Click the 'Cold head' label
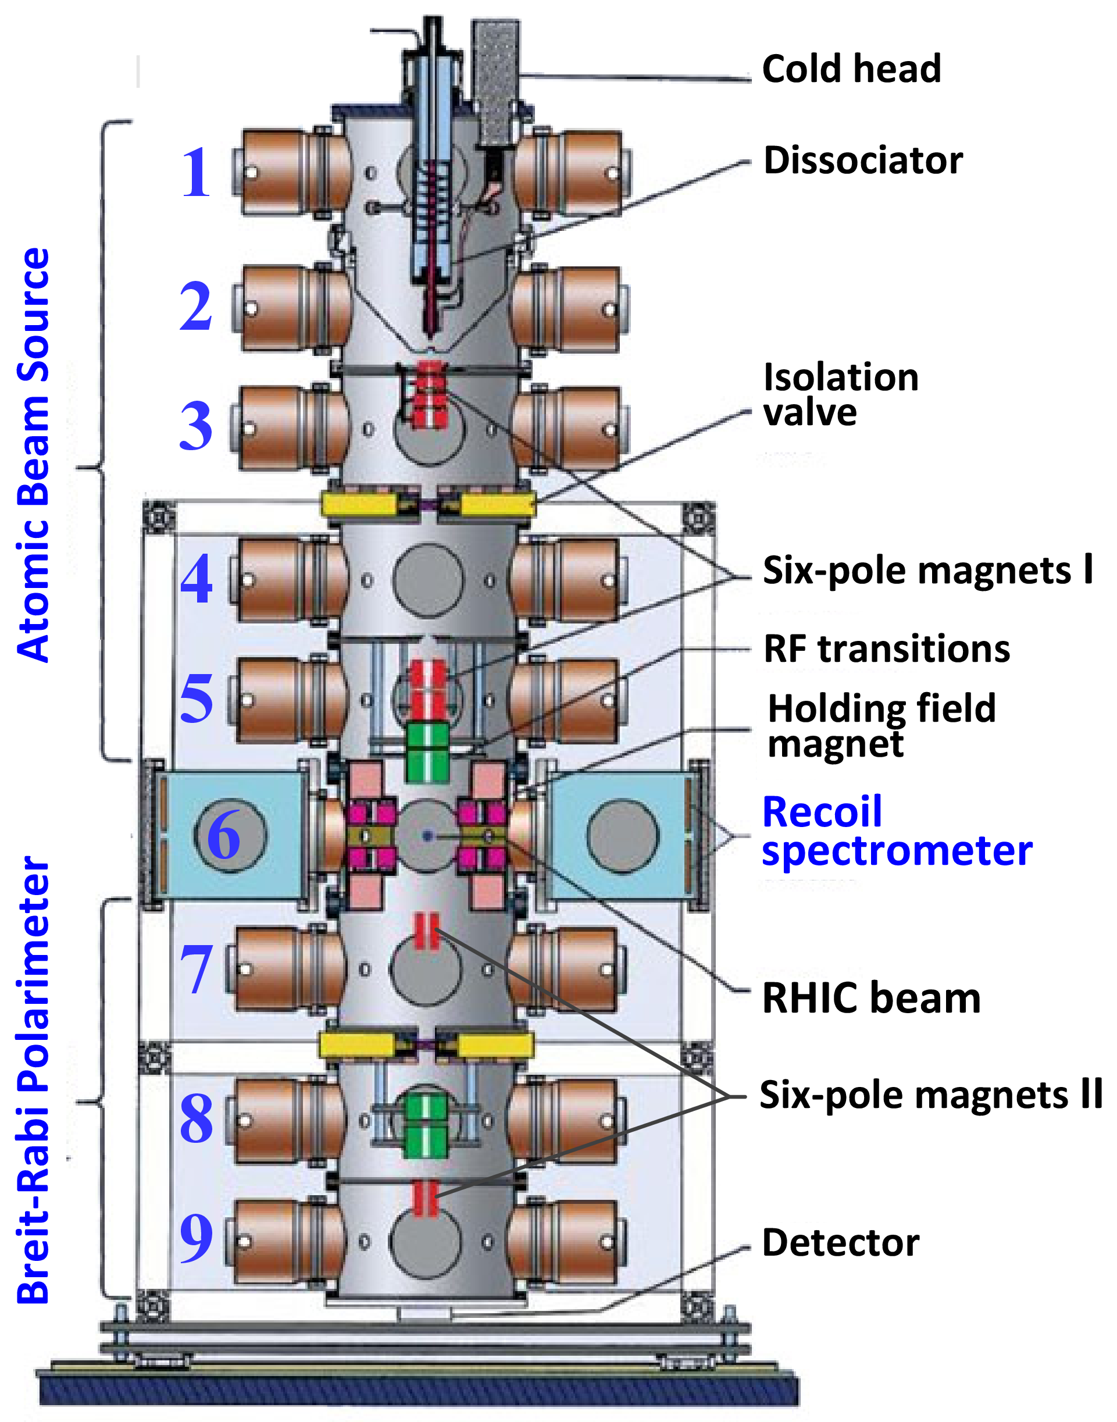point(851,69)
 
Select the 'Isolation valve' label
point(841,394)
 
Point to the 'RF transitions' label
point(887,649)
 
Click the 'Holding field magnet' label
point(882,726)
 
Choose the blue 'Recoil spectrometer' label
point(897,831)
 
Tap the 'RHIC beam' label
point(871,999)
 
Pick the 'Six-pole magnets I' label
point(928,571)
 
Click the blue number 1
point(195,173)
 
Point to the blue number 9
point(195,1238)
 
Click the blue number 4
point(196,579)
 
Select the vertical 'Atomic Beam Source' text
point(33,455)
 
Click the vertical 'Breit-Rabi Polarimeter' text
point(33,1079)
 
